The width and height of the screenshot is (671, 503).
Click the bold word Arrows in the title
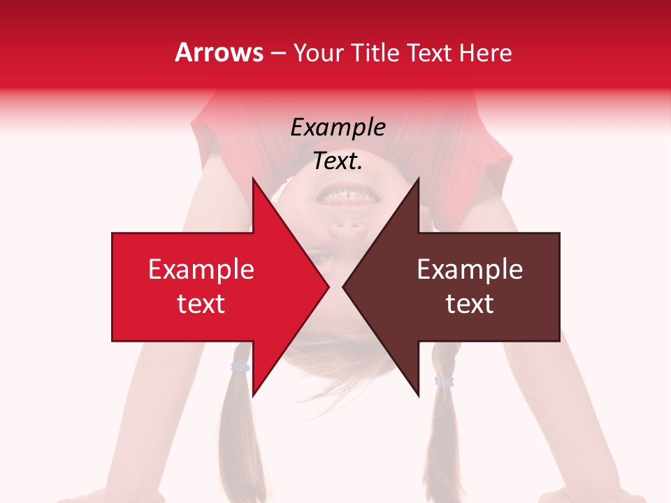coord(219,52)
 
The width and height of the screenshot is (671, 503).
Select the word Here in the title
coord(485,52)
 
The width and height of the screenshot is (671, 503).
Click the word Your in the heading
coord(319,53)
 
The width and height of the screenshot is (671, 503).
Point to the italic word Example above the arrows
coord(338,127)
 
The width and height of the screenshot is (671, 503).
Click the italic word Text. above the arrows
coord(338,161)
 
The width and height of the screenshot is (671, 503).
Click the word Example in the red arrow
coord(201,270)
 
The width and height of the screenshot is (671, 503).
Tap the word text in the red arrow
coord(201,304)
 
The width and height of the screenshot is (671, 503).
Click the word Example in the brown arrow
coord(470,270)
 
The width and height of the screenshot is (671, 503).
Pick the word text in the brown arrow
coord(470,304)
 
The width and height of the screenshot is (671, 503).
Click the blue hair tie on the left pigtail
coord(240,367)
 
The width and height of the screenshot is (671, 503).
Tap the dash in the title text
coord(277,53)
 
